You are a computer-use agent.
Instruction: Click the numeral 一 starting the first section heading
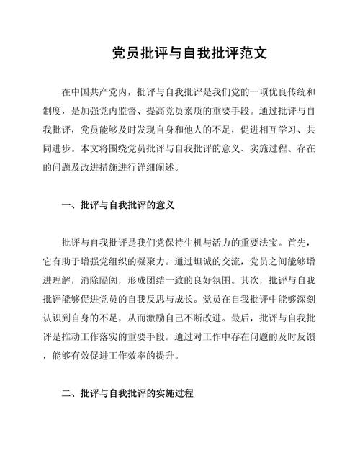tap(66, 205)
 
